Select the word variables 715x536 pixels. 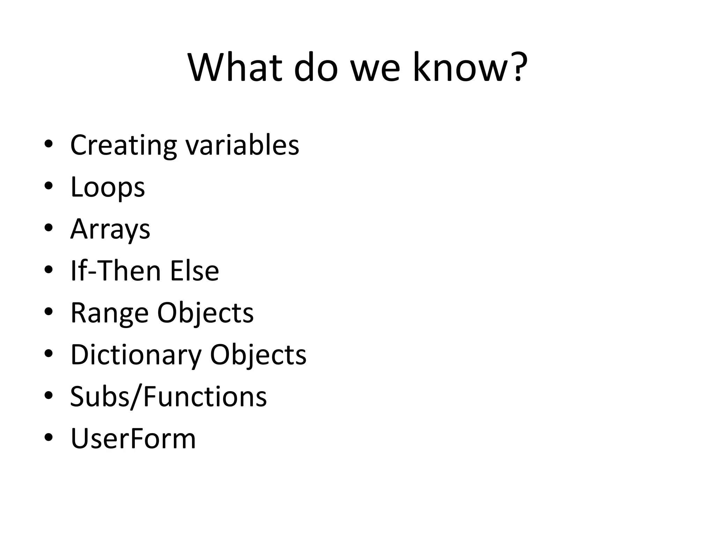(242, 145)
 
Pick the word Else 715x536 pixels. (194, 271)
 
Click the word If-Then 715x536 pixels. (116, 271)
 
